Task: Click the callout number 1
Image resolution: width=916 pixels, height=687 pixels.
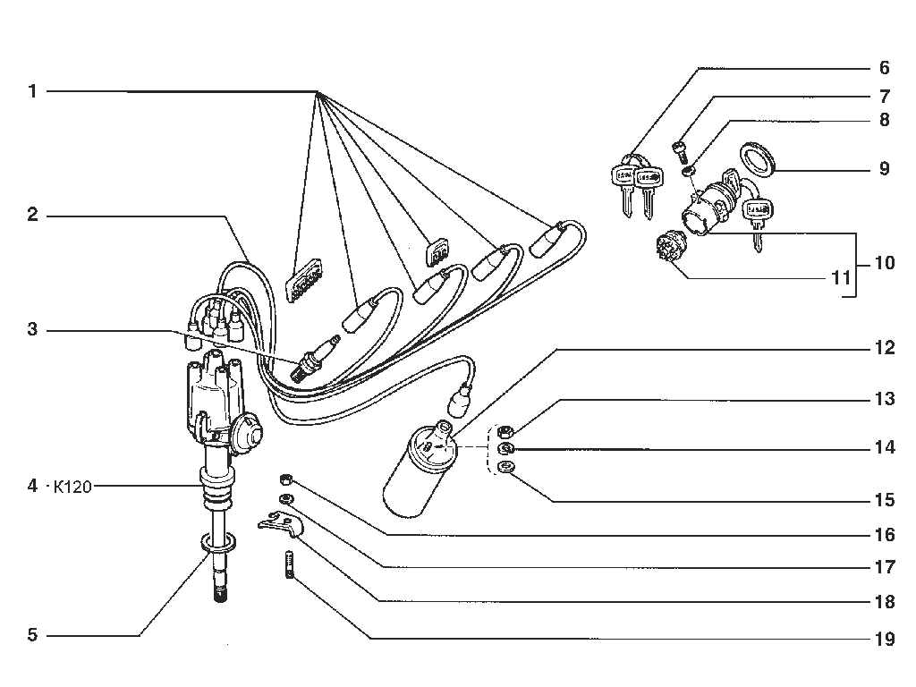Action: tap(33, 92)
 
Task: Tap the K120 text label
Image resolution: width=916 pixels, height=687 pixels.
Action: tap(72, 487)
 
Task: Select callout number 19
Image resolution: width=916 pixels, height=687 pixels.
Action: tap(885, 639)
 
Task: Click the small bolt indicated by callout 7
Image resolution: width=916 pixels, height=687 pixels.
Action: tap(681, 151)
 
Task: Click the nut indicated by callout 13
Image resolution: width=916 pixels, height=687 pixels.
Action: tap(505, 432)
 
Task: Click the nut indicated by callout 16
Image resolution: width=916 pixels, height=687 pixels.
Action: tap(285, 479)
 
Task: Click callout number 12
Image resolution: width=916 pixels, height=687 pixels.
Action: tap(885, 348)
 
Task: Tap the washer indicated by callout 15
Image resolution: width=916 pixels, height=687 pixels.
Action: tap(505, 467)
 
